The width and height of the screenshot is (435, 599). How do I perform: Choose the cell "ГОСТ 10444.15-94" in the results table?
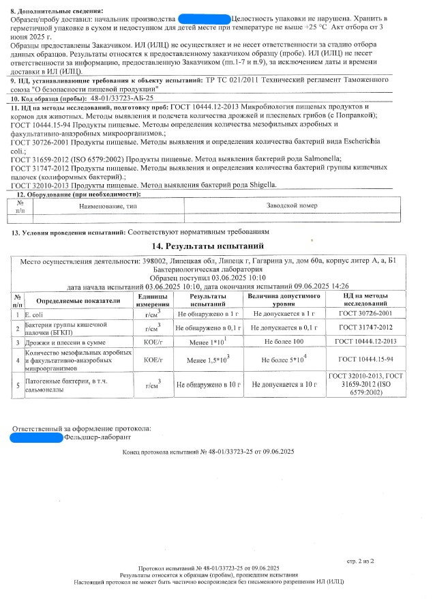coord(365,359)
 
